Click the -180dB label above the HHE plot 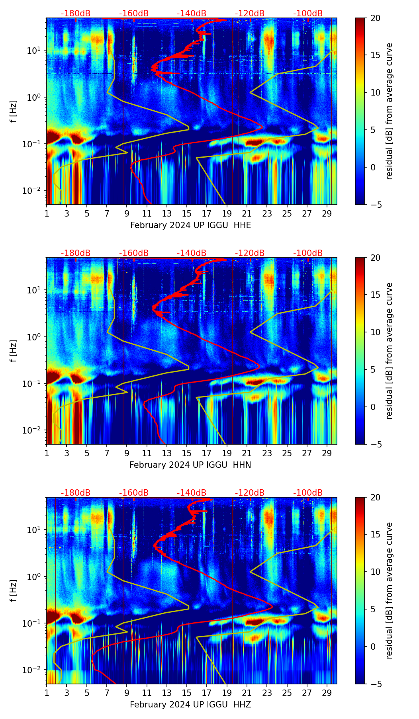tap(76, 14)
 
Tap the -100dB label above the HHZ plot tap(308, 493)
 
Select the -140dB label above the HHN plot tap(192, 253)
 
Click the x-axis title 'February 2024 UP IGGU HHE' tap(190, 225)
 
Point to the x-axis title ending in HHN tap(190, 465)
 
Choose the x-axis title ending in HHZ tap(190, 705)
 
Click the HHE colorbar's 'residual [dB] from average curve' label tap(389, 111)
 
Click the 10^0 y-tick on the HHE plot tap(35, 97)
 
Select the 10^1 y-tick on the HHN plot tap(35, 290)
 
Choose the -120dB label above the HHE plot tap(250, 14)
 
